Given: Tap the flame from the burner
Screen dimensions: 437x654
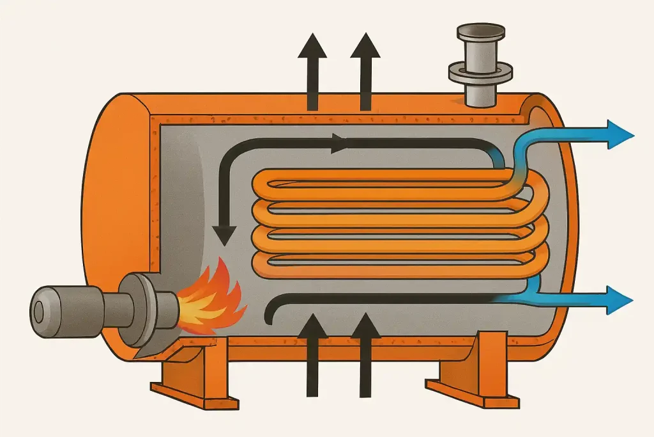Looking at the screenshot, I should (x=211, y=299).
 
